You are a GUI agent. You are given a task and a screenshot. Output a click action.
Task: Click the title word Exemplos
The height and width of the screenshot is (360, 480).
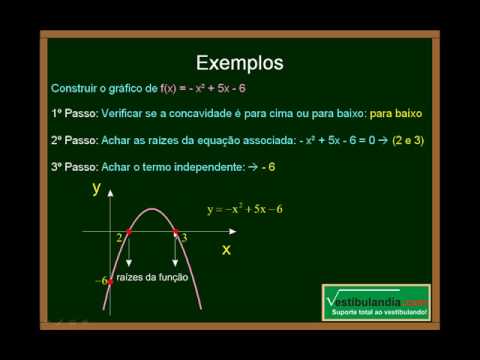[x=239, y=63]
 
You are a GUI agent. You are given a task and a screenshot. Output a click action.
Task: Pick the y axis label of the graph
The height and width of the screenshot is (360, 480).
[x=96, y=187]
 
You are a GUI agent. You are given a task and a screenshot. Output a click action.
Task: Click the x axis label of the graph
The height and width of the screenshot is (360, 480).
[x=226, y=249]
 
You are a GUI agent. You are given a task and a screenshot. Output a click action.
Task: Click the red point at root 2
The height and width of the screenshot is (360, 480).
[x=129, y=232]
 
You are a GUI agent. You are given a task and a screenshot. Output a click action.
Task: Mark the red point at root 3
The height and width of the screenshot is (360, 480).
[x=175, y=232]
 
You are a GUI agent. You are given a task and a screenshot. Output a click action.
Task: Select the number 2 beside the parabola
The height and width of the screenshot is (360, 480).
[x=119, y=238]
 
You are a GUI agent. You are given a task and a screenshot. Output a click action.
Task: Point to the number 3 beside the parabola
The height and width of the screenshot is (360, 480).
[x=184, y=238]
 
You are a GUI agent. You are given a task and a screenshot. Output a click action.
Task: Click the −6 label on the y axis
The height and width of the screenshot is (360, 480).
[x=100, y=282]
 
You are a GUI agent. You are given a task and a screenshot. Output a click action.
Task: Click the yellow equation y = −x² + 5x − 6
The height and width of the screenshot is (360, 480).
[x=244, y=209]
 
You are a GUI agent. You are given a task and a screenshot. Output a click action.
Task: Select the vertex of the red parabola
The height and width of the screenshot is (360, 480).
[x=152, y=208]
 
